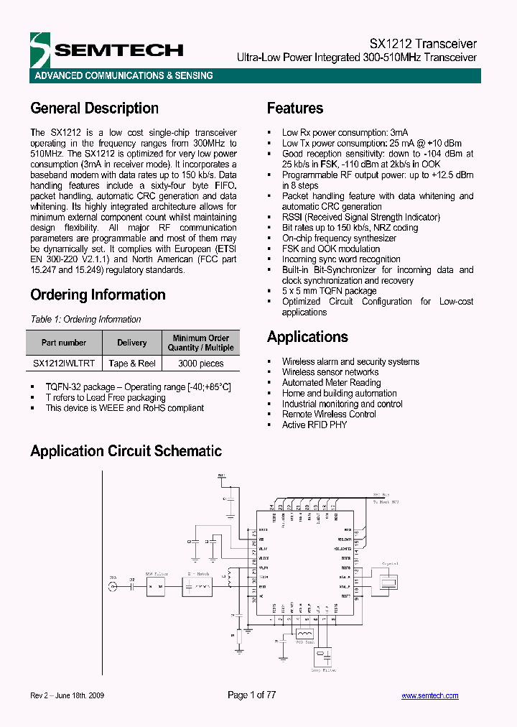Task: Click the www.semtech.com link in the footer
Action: (x=429, y=695)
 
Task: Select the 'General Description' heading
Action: (x=94, y=108)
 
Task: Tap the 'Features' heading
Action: (x=295, y=108)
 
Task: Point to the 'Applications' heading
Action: (x=307, y=337)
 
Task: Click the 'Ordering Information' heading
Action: (x=98, y=295)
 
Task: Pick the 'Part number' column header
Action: (x=64, y=343)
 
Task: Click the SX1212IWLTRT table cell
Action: (x=64, y=363)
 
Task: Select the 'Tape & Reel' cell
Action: (x=132, y=363)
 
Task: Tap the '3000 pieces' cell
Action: (x=200, y=363)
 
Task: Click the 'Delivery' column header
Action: (x=132, y=343)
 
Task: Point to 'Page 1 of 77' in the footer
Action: (x=251, y=695)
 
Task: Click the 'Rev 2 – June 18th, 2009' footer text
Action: (x=71, y=695)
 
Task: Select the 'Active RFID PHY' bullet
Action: (x=314, y=425)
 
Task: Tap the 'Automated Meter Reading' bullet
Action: (x=331, y=383)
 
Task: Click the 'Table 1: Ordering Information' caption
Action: (x=85, y=319)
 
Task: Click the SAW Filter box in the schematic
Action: (x=155, y=587)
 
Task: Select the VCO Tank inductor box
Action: (x=304, y=634)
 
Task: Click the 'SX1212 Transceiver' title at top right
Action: (x=423, y=43)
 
